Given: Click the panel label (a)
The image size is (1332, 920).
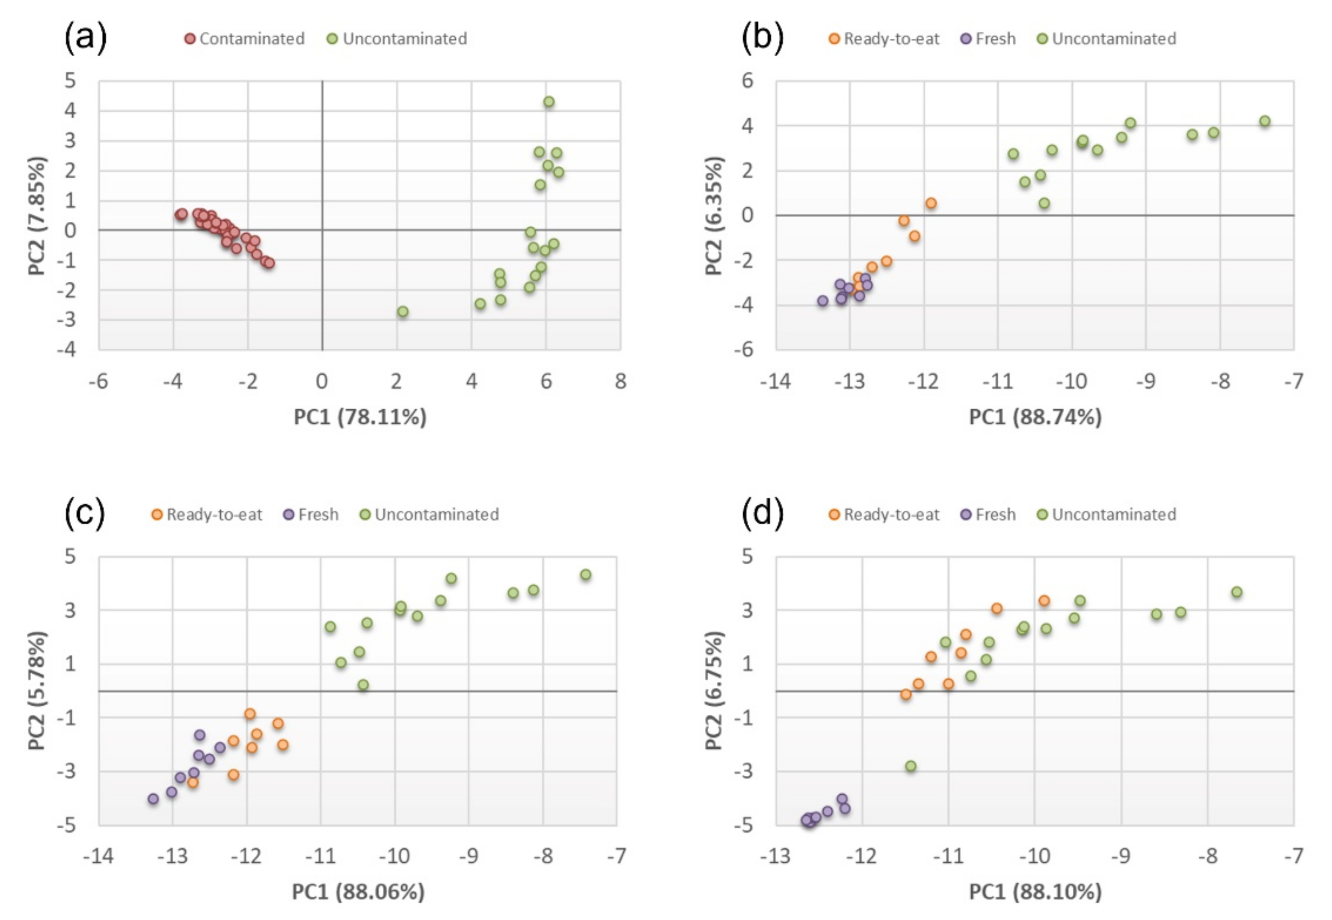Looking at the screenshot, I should pyautogui.click(x=85, y=38).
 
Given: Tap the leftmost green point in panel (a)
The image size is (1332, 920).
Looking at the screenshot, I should pyautogui.click(x=403, y=312).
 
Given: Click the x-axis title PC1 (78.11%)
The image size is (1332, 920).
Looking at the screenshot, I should pyautogui.click(x=360, y=417).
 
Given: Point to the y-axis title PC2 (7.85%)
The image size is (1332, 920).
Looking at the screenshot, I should pyautogui.click(x=36, y=216).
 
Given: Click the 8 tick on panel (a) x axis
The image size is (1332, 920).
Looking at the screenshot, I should pyautogui.click(x=620, y=381).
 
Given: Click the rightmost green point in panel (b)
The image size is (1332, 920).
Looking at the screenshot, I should pyautogui.click(x=1264, y=121).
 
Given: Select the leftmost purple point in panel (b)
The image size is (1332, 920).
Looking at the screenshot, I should pyautogui.click(x=823, y=300).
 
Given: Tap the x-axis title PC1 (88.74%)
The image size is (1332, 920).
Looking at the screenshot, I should pyautogui.click(x=1035, y=417).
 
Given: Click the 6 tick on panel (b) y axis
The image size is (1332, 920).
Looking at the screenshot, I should pyautogui.click(x=748, y=81).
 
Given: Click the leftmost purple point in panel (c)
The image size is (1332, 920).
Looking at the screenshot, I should pyautogui.click(x=153, y=799).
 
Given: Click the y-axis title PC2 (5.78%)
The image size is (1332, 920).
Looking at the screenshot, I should pyautogui.click(x=36, y=691).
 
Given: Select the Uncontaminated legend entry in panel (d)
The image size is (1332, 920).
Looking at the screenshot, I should pyautogui.click(x=1107, y=514).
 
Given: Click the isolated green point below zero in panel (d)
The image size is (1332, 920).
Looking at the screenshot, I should pyautogui.click(x=911, y=766).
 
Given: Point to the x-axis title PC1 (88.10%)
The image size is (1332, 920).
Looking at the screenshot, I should pyautogui.click(x=1035, y=892).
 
